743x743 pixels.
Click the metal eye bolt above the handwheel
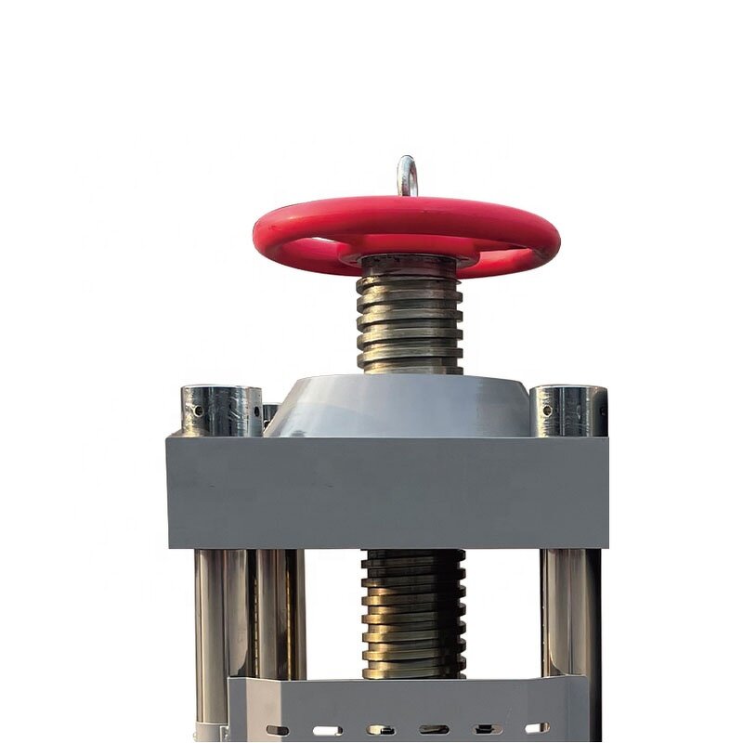(x=407, y=175)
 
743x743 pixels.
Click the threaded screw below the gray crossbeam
(x=413, y=613)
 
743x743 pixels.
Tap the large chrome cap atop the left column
(x=221, y=411)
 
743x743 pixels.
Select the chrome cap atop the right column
(x=568, y=411)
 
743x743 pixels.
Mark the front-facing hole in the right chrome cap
(x=548, y=410)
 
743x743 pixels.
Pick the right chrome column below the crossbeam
(x=568, y=613)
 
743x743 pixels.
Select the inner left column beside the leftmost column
(x=279, y=613)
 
